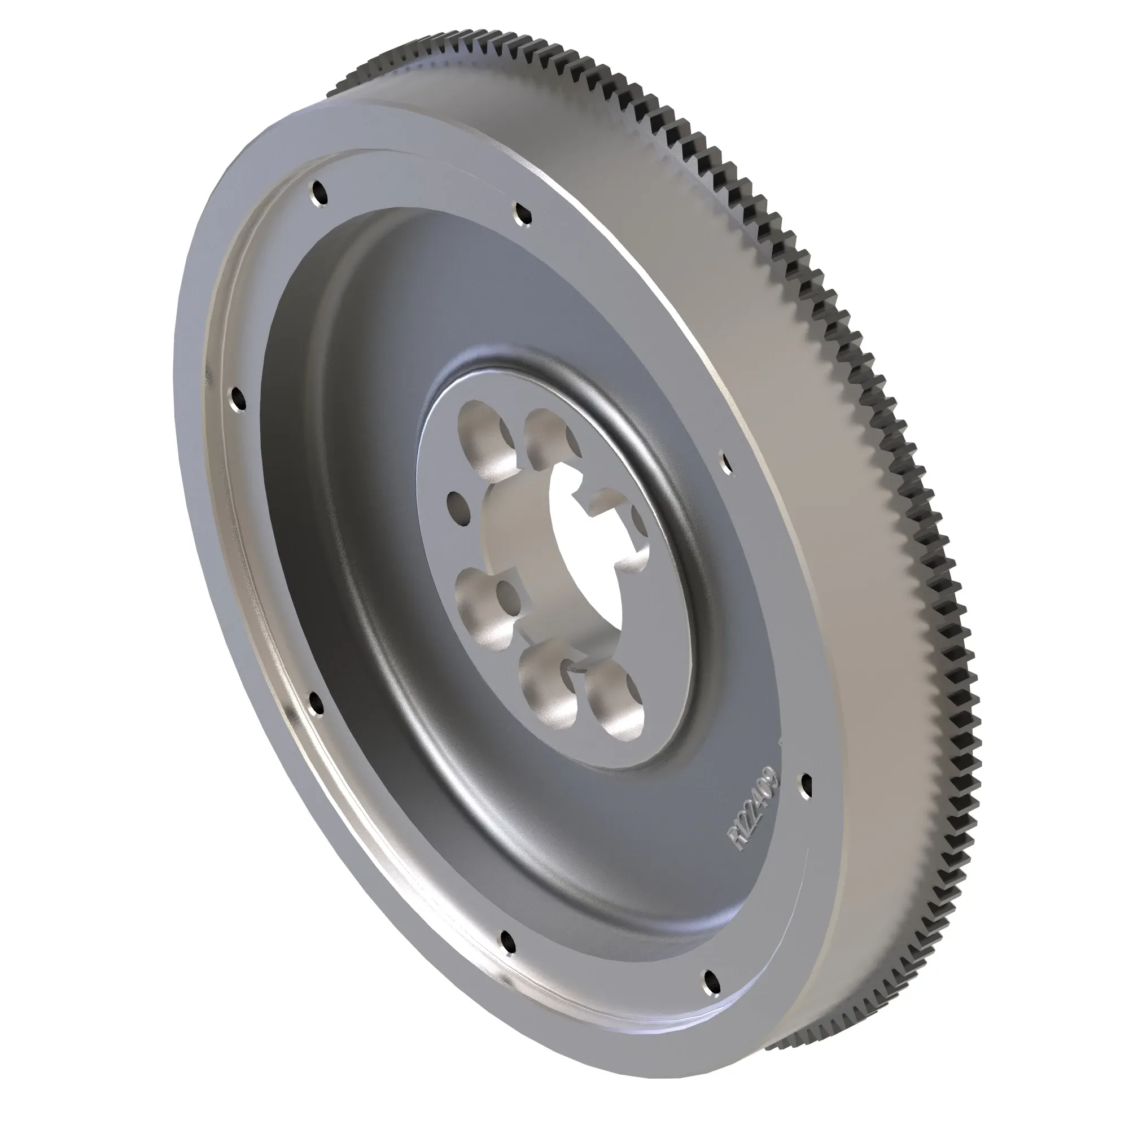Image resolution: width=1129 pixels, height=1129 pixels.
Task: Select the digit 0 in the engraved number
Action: pyautogui.click(x=767, y=793)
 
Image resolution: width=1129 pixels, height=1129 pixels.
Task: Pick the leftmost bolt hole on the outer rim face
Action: pyautogui.click(x=237, y=399)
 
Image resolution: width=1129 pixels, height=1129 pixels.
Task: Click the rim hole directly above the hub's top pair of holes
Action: pyautogui.click(x=522, y=214)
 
